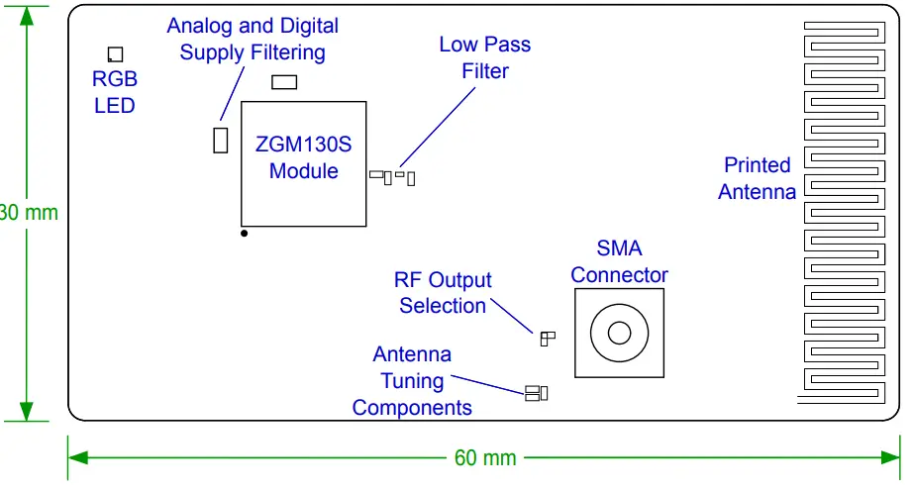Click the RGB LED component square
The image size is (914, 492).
click(x=116, y=54)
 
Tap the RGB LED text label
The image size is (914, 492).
click(x=115, y=92)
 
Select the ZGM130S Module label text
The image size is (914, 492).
click(x=304, y=157)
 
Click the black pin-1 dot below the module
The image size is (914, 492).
click(x=244, y=234)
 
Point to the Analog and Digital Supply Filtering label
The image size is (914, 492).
click(x=252, y=40)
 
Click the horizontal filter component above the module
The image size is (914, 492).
click(x=284, y=82)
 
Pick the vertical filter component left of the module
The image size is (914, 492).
click(x=221, y=140)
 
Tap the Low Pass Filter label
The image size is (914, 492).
click(x=484, y=57)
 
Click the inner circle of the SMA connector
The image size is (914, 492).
click(x=619, y=333)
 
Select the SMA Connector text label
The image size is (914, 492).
click(x=619, y=262)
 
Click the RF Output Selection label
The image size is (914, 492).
click(x=443, y=293)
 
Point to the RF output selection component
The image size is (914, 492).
click(x=547, y=339)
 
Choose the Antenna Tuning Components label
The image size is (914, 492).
click(x=412, y=381)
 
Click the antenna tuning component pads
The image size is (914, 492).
click(x=536, y=394)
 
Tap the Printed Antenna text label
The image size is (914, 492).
click(x=757, y=179)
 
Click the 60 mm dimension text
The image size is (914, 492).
click(x=485, y=458)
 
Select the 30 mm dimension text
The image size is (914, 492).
click(x=29, y=212)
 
